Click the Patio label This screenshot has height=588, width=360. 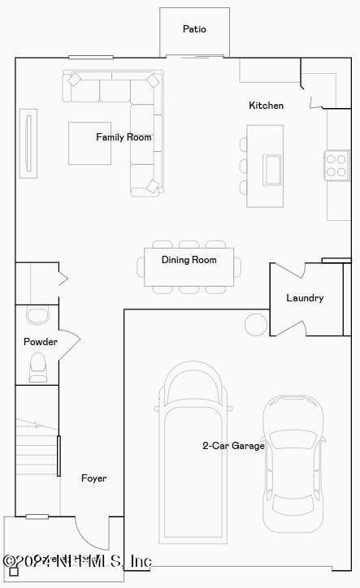(194, 29)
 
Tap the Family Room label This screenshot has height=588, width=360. (124, 137)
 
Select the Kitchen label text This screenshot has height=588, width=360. (266, 106)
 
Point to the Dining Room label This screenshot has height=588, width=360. (189, 260)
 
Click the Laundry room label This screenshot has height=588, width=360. (305, 298)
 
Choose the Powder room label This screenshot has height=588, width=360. (40, 342)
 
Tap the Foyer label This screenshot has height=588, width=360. (93, 478)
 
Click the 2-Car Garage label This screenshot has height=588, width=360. (233, 445)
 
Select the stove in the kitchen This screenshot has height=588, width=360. (336, 165)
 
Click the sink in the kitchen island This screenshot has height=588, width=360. (271, 170)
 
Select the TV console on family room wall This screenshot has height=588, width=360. (29, 141)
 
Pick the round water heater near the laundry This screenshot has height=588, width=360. (255, 324)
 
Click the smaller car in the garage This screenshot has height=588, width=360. (293, 463)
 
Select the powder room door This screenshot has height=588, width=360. (69, 341)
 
